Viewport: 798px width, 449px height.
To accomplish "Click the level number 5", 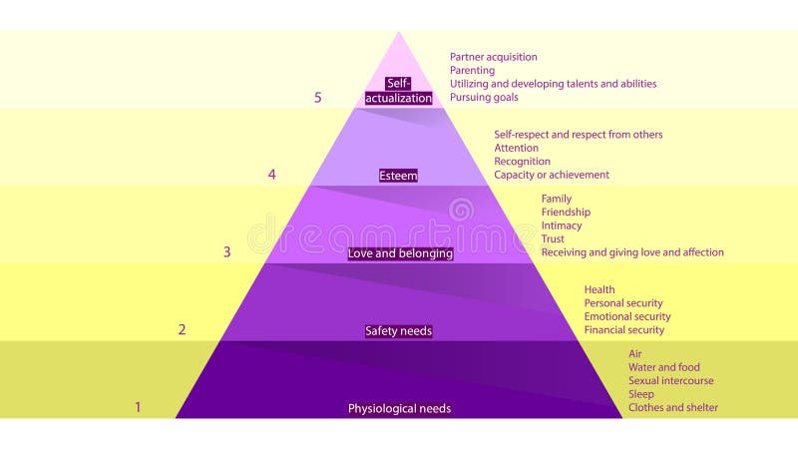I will (318, 98).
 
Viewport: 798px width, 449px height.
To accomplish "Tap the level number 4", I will (271, 175).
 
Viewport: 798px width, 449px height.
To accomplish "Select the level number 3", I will (226, 252).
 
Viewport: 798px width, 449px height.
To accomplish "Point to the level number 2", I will (182, 329).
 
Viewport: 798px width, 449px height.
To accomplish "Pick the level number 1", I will (138, 407).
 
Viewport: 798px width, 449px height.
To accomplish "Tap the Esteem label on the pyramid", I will (399, 176).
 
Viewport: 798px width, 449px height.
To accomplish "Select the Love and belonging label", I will (399, 253).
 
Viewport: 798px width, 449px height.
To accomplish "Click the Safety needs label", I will (399, 330).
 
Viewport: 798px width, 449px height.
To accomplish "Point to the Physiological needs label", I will (399, 408).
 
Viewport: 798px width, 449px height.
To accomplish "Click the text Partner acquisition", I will (493, 57).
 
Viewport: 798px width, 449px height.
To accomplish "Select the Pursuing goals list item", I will (484, 98).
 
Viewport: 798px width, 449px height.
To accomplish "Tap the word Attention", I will (516, 148).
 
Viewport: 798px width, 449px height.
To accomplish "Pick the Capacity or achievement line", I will (551, 175).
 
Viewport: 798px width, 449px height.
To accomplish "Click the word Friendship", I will (566, 212).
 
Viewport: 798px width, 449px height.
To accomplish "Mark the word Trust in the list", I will (553, 238).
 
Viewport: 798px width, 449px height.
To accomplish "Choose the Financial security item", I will (623, 329).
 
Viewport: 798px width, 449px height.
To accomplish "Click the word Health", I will (599, 289).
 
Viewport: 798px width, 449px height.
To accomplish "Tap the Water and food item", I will (663, 367).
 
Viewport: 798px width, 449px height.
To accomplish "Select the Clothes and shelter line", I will (672, 407).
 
